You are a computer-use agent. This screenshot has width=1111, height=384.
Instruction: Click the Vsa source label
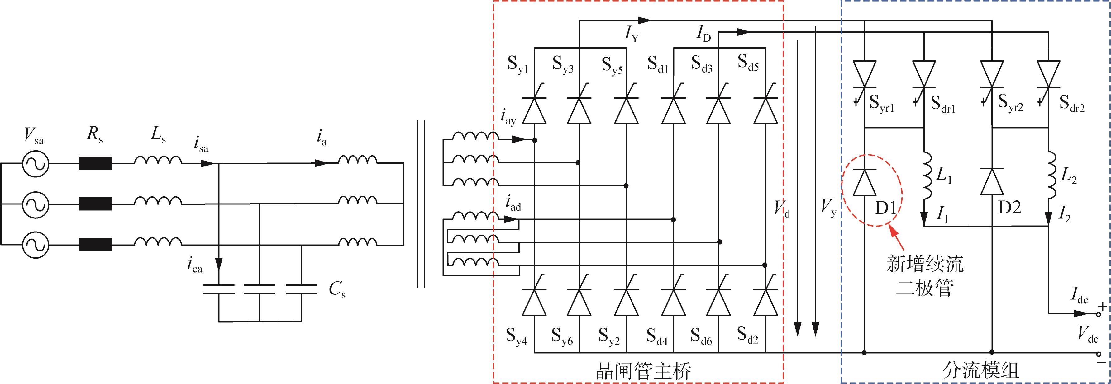pos(34,136)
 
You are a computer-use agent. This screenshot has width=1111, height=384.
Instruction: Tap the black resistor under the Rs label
pos(95,163)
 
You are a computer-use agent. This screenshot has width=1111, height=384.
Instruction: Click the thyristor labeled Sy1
pos(534,110)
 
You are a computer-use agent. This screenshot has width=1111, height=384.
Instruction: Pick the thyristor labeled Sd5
pos(765,110)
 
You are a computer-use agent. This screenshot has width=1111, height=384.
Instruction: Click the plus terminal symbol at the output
pos(1102,307)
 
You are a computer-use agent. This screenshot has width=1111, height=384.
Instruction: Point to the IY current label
pos(632,34)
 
